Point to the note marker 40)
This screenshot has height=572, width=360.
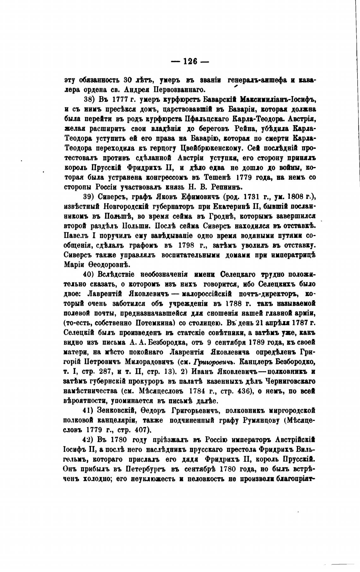point(89,273)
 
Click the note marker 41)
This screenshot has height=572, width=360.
point(89,411)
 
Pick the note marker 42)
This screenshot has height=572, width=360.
point(89,440)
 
